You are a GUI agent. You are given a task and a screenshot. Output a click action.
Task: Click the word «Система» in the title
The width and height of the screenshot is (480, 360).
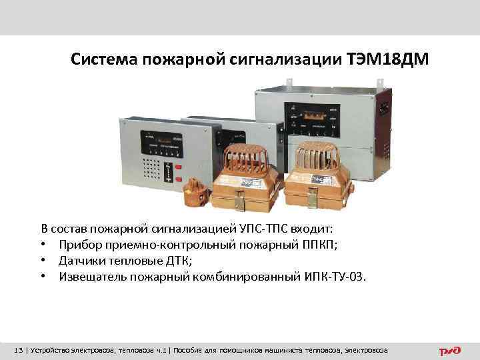[102, 61]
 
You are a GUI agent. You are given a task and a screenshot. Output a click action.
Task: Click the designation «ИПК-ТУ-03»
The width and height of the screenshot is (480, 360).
[334, 276]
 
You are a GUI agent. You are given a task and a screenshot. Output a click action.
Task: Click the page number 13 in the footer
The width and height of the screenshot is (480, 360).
[19, 349]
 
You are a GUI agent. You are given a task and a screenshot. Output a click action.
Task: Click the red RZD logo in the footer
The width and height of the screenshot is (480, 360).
[449, 349]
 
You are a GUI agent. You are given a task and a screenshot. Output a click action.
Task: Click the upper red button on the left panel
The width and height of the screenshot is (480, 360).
[178, 165]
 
